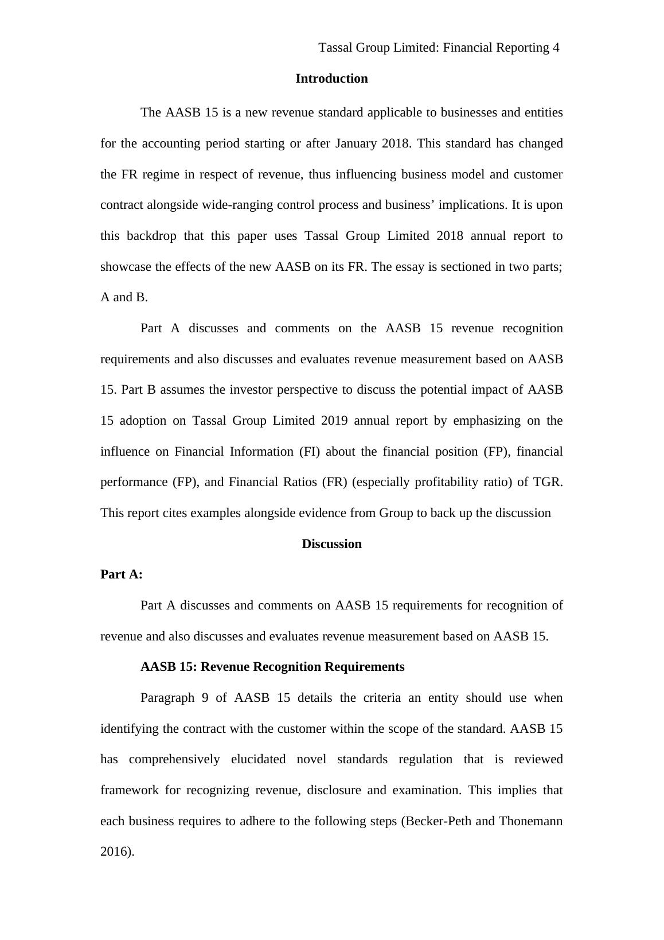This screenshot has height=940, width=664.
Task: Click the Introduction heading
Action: (331, 79)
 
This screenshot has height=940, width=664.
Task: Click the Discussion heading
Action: (331, 544)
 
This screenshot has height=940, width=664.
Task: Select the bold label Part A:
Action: (122, 574)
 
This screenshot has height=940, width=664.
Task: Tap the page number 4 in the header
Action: (556, 48)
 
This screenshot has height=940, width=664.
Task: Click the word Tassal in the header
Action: (335, 48)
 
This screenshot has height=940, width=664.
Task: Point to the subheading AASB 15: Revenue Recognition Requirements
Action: (272, 667)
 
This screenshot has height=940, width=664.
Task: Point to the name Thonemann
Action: (530, 821)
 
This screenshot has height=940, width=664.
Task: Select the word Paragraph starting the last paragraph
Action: (167, 698)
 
